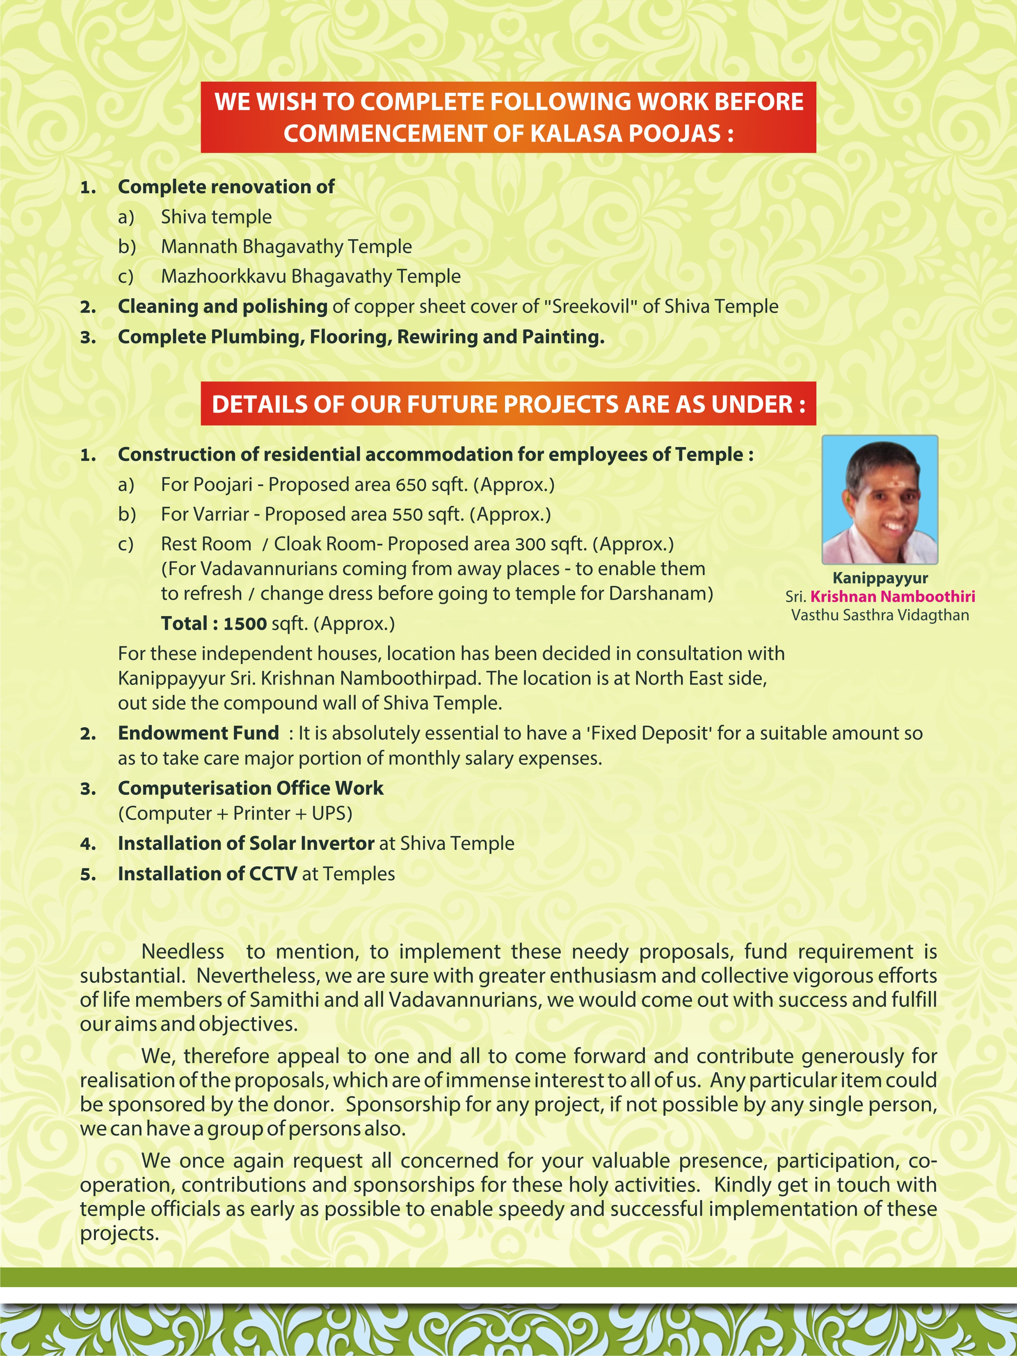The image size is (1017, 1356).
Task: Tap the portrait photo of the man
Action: (x=880, y=500)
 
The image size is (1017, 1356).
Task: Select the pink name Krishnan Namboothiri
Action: (x=893, y=596)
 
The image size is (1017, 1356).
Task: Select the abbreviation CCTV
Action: (x=273, y=874)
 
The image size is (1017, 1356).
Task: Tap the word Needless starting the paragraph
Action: (x=183, y=952)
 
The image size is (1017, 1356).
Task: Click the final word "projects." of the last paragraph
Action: (x=119, y=1233)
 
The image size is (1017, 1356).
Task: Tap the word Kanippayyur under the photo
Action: (x=880, y=578)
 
